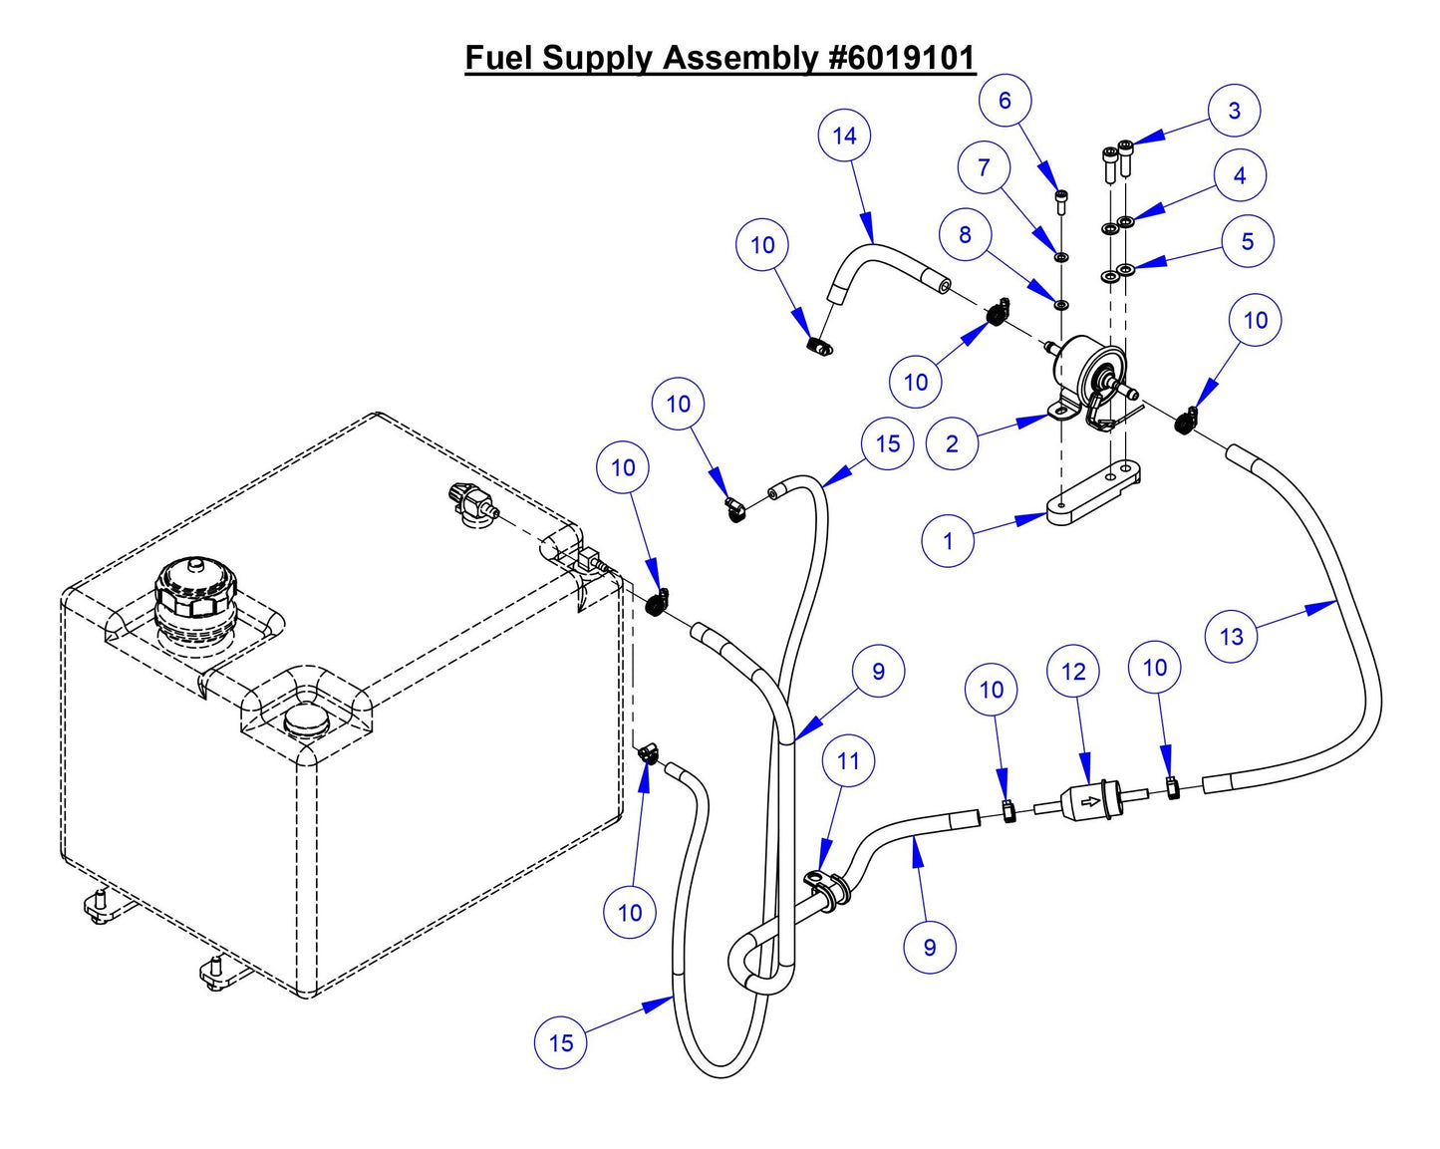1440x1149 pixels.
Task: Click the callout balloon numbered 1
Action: [x=948, y=540]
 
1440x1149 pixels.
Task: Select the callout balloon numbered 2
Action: [x=952, y=442]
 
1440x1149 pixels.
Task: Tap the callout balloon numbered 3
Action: [x=1234, y=110]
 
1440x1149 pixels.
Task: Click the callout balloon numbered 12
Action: [x=1073, y=672]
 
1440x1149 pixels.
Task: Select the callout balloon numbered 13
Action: [x=1232, y=636]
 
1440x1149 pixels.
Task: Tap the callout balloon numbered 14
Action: [x=844, y=136]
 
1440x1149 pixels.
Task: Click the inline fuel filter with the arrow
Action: [x=1090, y=800]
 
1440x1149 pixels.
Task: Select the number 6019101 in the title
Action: [x=902, y=58]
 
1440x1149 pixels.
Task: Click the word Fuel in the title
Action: [x=500, y=58]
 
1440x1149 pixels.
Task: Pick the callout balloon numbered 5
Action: [x=1247, y=241]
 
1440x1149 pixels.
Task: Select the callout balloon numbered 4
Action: [x=1239, y=175]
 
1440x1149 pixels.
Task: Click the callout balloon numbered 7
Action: [x=984, y=166]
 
